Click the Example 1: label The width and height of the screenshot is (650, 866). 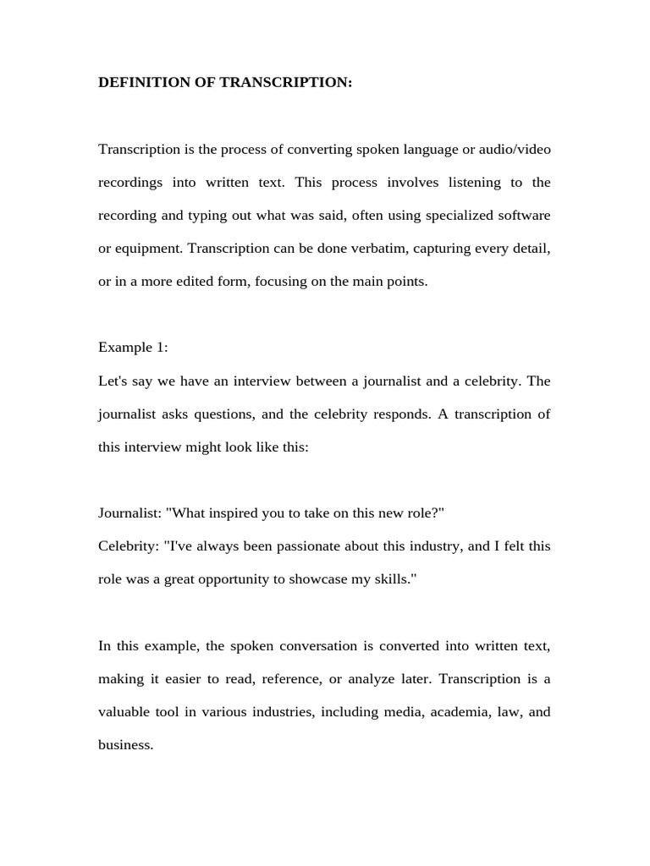tap(133, 348)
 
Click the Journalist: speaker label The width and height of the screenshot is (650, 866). tap(130, 513)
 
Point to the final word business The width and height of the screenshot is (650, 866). tap(125, 745)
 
